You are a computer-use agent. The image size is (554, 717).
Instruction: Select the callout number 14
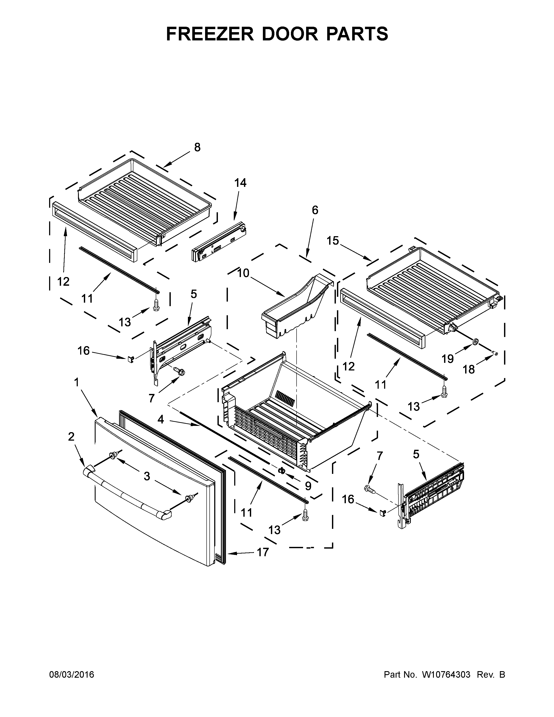(240, 183)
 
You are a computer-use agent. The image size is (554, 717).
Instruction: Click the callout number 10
(243, 273)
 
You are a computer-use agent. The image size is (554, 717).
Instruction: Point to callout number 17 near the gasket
(263, 553)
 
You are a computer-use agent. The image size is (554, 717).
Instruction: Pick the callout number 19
(447, 359)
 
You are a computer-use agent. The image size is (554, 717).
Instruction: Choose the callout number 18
(469, 370)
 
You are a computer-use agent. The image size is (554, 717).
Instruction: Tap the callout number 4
(161, 419)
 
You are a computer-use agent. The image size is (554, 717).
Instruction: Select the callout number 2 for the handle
(71, 437)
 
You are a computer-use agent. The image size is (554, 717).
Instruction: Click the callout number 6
(315, 210)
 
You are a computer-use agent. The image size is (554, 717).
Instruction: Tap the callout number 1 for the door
(76, 382)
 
